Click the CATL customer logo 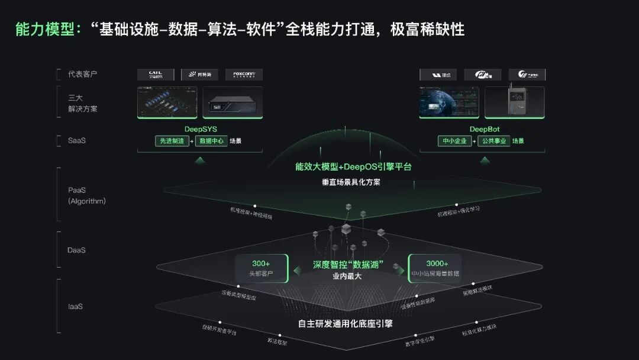(x=156, y=75)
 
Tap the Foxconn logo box (x=244, y=75)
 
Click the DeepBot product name (x=482, y=128)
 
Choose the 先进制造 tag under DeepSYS (x=172, y=141)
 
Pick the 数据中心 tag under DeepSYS (x=212, y=141)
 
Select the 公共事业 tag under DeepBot (x=494, y=141)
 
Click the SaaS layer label (x=77, y=141)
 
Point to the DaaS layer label (x=76, y=250)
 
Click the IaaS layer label (x=75, y=307)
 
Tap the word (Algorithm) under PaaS (x=87, y=201)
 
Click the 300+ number (x=261, y=263)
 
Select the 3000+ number (x=437, y=263)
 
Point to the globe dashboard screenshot (x=449, y=103)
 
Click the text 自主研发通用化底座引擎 (x=345, y=324)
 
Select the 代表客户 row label (x=82, y=74)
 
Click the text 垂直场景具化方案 (x=351, y=182)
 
